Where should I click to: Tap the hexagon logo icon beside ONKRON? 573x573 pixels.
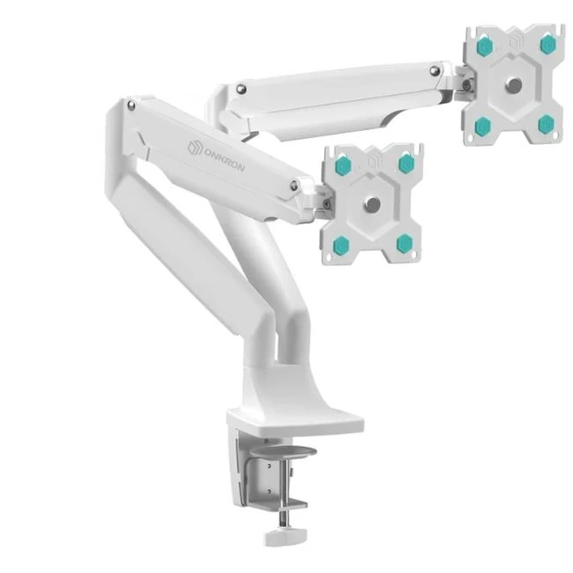point(193,147)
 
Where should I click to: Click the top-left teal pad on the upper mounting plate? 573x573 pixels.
point(485,47)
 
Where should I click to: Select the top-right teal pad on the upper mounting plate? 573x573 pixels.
point(548,44)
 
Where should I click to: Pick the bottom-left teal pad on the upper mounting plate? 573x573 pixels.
point(483,125)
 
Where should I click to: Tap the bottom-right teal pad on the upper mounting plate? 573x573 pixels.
point(546,124)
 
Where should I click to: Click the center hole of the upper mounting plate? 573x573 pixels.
point(514,85)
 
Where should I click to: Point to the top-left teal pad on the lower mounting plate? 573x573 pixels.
point(343,166)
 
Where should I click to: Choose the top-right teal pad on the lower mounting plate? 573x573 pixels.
point(406,163)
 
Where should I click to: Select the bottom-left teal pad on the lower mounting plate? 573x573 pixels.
point(342,245)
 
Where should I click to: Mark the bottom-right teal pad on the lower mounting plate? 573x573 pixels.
point(404,243)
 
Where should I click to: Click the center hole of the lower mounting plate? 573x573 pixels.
point(373,205)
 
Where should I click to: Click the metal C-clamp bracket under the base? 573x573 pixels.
point(270,475)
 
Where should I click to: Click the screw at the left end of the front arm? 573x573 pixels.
point(132,105)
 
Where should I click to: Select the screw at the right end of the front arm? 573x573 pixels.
point(294,187)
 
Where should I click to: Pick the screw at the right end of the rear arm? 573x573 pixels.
point(435,72)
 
